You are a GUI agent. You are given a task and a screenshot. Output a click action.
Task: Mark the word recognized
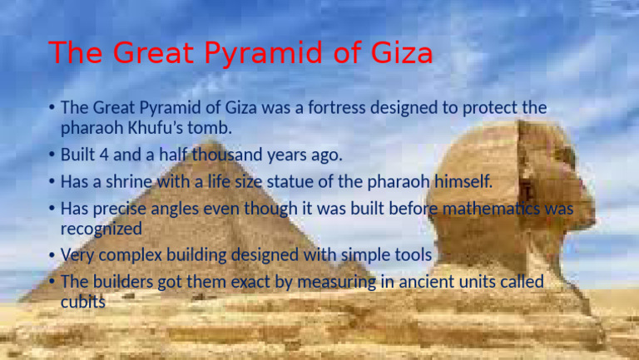point(101,226)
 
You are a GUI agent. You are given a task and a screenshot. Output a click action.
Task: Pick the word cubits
point(83,302)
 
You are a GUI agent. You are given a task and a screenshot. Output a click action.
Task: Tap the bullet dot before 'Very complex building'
point(52,254)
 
